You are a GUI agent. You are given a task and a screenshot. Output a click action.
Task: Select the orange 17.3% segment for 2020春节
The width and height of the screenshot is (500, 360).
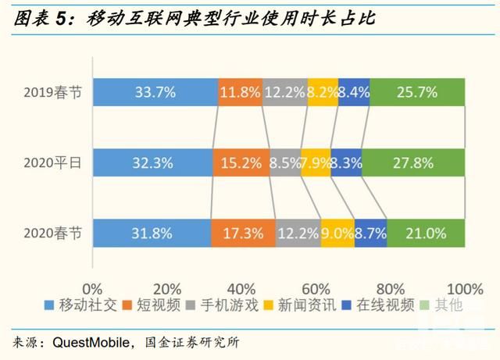pyautogui.click(x=242, y=233)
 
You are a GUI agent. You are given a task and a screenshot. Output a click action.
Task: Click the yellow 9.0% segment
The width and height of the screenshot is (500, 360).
pyautogui.click(x=337, y=233)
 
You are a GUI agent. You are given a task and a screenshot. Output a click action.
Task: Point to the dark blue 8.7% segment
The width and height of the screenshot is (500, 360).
pyautogui.click(x=370, y=233)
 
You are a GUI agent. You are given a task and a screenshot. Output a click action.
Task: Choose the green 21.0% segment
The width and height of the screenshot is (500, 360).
pyautogui.click(x=426, y=233)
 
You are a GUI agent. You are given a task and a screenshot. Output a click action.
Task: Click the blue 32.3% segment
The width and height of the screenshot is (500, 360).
pyautogui.click(x=152, y=163)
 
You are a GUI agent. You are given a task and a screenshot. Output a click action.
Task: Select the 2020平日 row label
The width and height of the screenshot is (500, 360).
pyautogui.click(x=55, y=163)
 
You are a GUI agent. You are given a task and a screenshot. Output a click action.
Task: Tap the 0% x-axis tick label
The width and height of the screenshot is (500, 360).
pyautogui.click(x=92, y=287)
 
